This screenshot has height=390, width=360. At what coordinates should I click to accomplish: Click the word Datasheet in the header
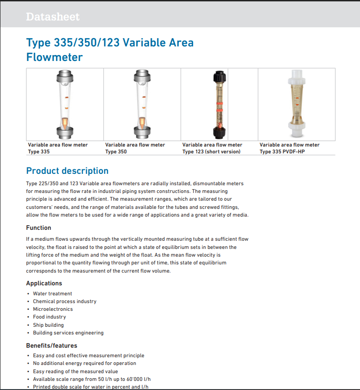click(x=53, y=17)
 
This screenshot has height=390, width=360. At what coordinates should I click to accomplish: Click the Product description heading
click(x=67, y=171)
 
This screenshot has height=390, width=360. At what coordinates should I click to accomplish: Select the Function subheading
click(x=39, y=228)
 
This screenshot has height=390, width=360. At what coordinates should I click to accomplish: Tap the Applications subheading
click(x=44, y=283)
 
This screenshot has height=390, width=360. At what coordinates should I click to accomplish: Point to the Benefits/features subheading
click(x=52, y=345)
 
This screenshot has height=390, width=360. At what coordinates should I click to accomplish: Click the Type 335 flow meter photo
click(x=65, y=104)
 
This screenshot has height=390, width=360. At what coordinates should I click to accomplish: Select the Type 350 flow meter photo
click(x=142, y=104)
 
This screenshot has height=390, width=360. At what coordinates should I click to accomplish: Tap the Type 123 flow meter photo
click(x=219, y=104)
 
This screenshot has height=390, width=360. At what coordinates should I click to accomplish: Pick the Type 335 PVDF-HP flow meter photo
click(x=296, y=104)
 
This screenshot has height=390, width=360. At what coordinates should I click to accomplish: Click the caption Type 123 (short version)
click(x=211, y=152)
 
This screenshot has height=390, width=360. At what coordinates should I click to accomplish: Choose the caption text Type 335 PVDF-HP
click(x=282, y=152)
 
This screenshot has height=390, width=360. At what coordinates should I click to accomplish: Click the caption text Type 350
click(x=116, y=152)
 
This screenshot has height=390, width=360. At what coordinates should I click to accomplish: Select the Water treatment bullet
click(x=52, y=294)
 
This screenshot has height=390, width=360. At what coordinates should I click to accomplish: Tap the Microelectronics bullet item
click(x=53, y=309)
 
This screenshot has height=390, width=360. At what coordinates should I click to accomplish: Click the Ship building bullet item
click(x=48, y=325)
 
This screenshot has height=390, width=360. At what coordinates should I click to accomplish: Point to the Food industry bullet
click(x=49, y=317)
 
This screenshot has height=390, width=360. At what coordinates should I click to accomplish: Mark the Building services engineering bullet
click(x=68, y=333)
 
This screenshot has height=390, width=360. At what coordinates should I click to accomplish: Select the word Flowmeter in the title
click(x=55, y=57)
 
